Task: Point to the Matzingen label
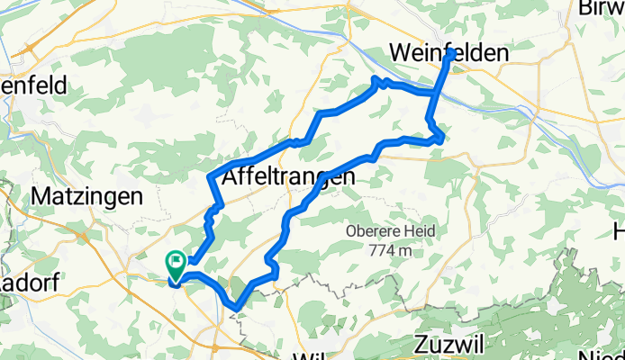86,196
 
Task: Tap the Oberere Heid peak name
390,231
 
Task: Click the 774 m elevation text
391,248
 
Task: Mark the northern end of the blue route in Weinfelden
450,54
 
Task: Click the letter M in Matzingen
40,196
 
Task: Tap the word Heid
420,231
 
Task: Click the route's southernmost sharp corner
236,308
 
